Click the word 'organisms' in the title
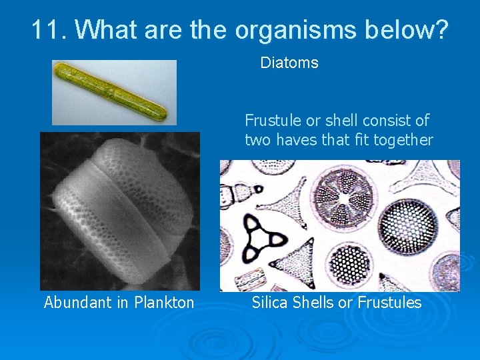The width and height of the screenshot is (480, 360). point(288,29)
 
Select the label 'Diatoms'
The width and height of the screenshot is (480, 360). point(289,63)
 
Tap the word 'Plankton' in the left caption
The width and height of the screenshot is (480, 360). point(164,303)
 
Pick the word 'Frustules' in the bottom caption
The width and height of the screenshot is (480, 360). point(389,303)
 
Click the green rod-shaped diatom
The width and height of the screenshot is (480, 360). point(114,91)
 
